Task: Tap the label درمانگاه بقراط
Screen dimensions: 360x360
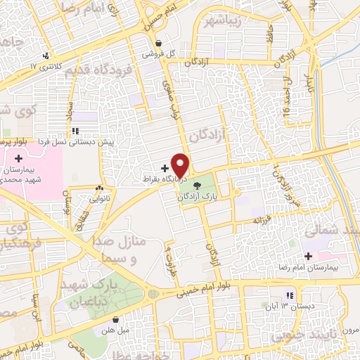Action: tap(160, 179)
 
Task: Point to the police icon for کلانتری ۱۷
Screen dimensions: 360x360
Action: tap(46, 55)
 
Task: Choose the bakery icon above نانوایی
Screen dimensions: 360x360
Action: tap(99, 188)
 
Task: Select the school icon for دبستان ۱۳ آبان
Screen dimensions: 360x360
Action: tap(288, 295)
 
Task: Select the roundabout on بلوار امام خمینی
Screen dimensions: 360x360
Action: tap(153, 294)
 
